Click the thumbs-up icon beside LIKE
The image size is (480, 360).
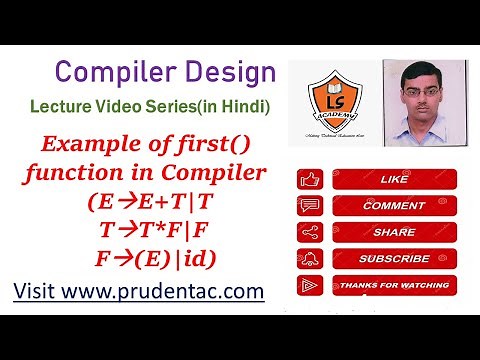(309, 181)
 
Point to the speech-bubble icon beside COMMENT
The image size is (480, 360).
(309, 206)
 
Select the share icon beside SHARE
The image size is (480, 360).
(309, 232)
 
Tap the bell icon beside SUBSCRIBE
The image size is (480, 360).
(309, 259)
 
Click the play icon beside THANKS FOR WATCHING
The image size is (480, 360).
(309, 285)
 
